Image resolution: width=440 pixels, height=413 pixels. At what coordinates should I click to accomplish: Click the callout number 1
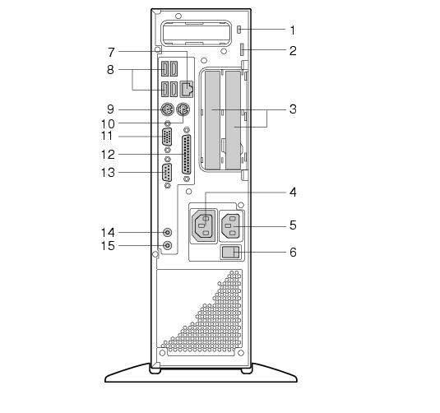click(293, 30)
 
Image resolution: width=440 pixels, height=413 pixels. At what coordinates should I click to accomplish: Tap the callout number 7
click(111, 52)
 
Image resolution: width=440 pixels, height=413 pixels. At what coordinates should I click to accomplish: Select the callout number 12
click(108, 155)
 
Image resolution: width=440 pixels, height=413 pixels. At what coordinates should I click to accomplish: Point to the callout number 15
click(108, 246)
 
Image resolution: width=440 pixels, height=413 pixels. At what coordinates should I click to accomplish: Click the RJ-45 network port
click(187, 90)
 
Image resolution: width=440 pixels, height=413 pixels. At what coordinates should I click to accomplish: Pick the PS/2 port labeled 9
click(167, 109)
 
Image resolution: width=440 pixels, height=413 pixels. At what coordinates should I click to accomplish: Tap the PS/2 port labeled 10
click(183, 109)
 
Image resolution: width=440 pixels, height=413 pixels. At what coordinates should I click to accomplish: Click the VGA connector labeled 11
click(167, 137)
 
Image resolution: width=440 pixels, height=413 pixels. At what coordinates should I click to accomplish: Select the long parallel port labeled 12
click(187, 155)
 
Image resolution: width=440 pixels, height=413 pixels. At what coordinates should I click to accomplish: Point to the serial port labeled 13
click(167, 172)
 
